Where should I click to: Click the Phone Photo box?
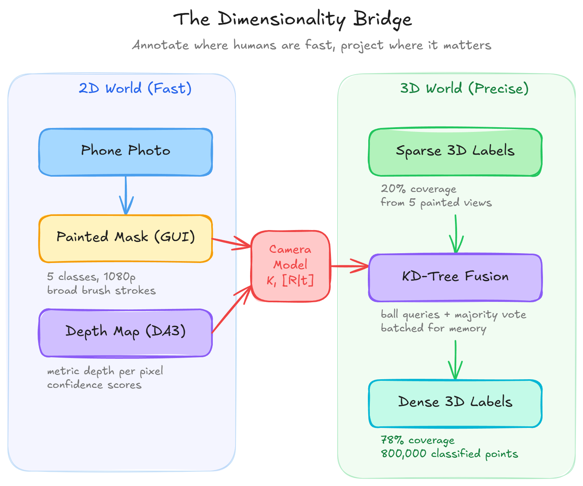click(126, 152)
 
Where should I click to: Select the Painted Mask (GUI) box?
click(126, 238)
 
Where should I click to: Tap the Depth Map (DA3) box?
click(126, 333)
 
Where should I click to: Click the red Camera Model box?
click(291, 266)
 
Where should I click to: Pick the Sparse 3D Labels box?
click(455, 152)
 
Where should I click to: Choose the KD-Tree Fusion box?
click(455, 278)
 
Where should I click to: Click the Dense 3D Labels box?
click(455, 403)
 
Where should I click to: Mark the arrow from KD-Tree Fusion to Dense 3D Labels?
click(455, 359)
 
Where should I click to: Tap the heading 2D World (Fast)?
click(135, 88)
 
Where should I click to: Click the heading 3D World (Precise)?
click(464, 88)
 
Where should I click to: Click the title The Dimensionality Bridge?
click(293, 19)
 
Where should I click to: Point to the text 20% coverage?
click(419, 189)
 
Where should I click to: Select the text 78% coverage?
click(417, 440)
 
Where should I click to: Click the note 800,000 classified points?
click(449, 454)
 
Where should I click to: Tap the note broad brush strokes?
click(101, 291)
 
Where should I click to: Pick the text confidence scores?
click(94, 385)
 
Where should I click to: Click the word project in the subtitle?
click(362, 46)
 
